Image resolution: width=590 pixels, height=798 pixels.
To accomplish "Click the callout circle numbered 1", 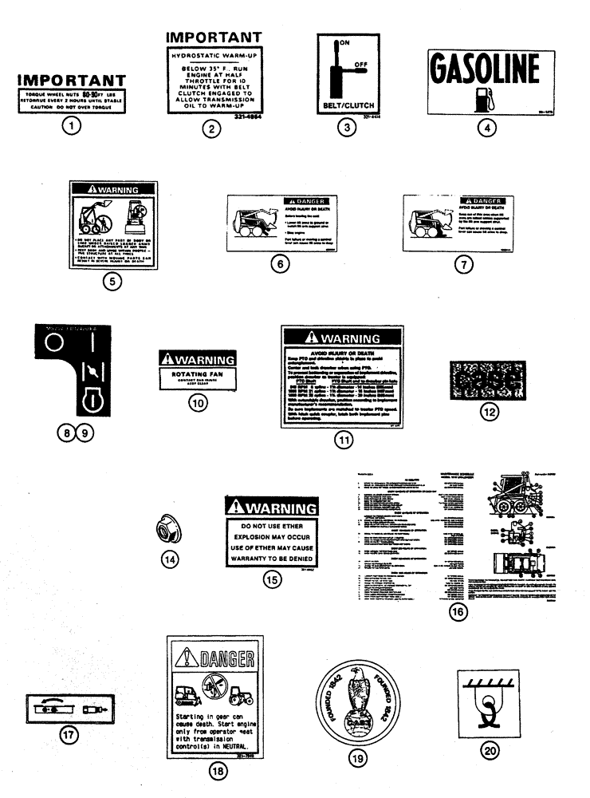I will [x=73, y=126].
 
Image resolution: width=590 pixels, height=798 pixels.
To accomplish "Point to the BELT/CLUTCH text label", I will [x=348, y=105].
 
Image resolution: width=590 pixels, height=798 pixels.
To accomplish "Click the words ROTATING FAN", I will [x=196, y=373].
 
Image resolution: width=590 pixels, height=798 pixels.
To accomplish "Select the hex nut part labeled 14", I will [x=166, y=527].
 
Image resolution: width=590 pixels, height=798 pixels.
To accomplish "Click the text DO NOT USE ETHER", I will [x=273, y=527].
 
